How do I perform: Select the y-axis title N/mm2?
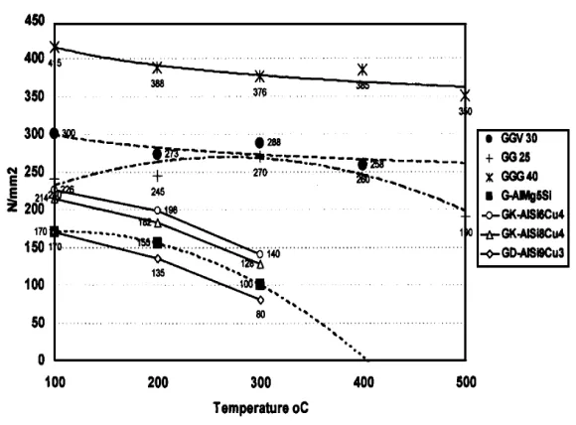(11, 186)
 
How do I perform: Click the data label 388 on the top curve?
(157, 83)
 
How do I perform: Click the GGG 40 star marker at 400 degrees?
(363, 70)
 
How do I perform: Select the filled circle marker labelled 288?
(260, 143)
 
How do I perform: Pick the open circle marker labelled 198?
(157, 211)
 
